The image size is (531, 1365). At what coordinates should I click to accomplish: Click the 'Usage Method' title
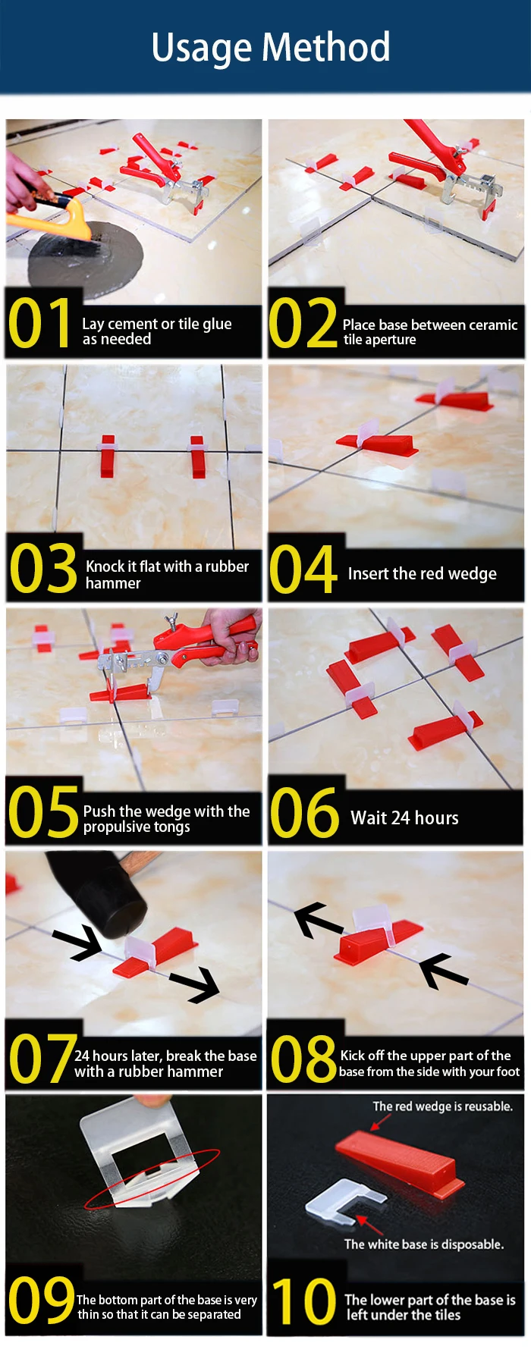tap(271, 48)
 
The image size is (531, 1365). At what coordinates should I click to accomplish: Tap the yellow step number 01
tap(39, 324)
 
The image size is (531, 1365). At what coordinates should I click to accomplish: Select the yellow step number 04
tap(303, 569)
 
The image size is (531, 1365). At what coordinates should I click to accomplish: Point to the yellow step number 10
tap(303, 1300)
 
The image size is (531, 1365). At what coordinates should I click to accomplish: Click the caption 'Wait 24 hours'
tap(404, 817)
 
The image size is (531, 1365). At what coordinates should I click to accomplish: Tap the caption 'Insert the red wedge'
tap(422, 573)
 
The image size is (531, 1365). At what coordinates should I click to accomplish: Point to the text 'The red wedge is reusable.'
tap(442, 1106)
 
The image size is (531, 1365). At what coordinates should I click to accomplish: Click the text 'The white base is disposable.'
tap(423, 1244)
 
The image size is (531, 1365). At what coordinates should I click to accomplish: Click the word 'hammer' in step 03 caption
tap(113, 583)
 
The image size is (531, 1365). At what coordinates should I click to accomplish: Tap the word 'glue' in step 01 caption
tap(217, 325)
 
